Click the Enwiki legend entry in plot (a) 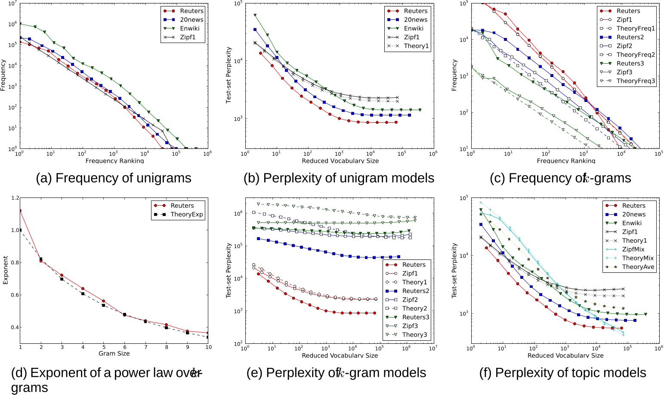coord(190,28)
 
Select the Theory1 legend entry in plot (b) coord(416,46)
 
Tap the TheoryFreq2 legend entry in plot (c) coord(636,55)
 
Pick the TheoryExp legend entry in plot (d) coord(186,214)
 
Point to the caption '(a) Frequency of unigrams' coord(114,178)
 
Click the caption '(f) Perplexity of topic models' coord(563,373)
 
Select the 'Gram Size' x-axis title coord(114,353)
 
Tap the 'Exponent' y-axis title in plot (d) coord(6,270)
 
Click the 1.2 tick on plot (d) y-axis coord(15,198)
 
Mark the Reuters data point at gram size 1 coord(20,210)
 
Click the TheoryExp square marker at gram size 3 coord(62,279)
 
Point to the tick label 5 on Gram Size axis coord(104,347)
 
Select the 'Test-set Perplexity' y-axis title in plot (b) coord(229,75)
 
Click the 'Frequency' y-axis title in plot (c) coord(454,75)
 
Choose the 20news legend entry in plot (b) coord(415,20)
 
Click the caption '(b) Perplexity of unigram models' coord(339,178)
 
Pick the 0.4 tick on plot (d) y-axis coord(15,327)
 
